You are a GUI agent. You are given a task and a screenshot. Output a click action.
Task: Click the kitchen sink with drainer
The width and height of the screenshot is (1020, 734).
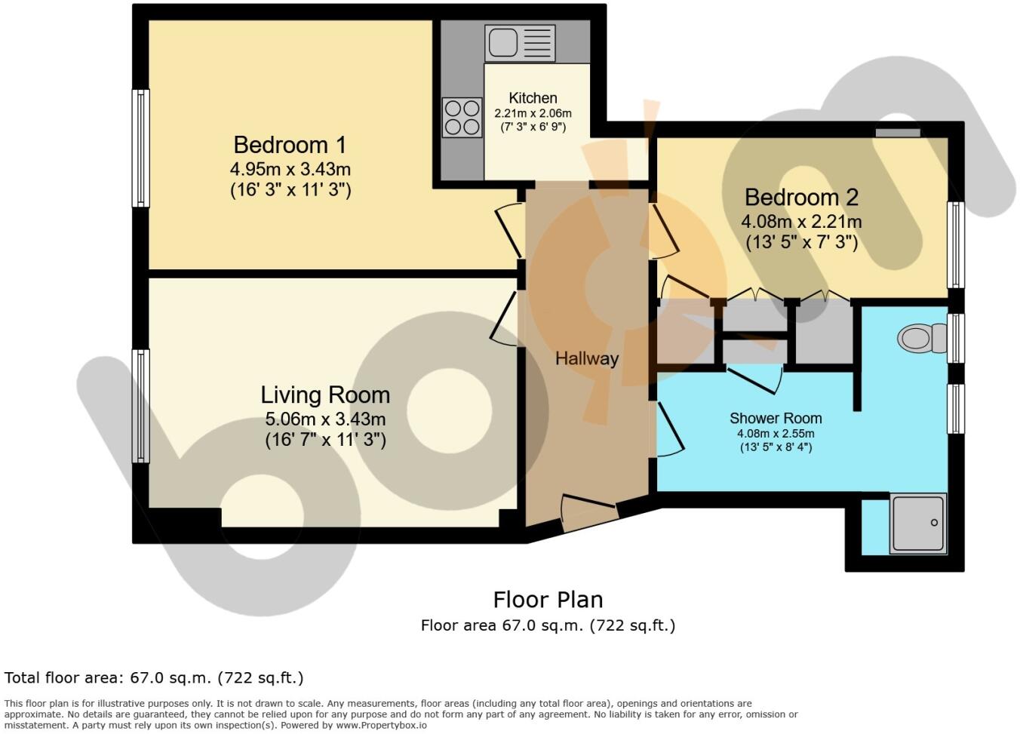[520, 43]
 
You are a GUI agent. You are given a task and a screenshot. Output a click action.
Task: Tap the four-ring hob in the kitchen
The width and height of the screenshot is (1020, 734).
[462, 118]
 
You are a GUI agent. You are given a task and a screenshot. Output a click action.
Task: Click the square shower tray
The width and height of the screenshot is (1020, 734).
[918, 524]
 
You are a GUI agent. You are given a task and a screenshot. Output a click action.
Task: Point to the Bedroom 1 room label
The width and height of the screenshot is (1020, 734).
[290, 146]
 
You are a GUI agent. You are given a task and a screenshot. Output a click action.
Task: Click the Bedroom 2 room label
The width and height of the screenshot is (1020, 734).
[801, 198]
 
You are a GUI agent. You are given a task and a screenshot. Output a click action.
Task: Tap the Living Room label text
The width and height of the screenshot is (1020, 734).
[325, 395]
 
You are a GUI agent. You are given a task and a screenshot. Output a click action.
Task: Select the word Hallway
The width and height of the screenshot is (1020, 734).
[587, 359]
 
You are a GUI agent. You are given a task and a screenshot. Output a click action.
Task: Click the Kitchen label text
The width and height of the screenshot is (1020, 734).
[533, 98]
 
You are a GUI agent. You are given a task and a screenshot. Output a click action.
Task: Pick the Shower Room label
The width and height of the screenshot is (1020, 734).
[776, 418]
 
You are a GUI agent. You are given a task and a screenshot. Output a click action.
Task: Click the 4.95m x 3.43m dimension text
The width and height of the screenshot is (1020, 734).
[290, 170]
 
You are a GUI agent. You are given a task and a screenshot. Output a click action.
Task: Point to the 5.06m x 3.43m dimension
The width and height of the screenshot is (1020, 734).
[325, 419]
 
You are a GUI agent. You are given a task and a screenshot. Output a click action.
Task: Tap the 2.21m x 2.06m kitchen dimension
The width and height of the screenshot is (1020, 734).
[533, 113]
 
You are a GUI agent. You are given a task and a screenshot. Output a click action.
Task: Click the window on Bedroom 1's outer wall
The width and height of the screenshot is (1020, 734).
[141, 148]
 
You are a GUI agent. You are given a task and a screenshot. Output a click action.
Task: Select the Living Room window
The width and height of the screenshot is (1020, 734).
[141, 406]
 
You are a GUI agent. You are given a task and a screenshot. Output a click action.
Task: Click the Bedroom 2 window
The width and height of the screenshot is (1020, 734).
[956, 245]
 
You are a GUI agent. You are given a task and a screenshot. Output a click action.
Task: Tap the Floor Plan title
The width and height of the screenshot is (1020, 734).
[548, 600]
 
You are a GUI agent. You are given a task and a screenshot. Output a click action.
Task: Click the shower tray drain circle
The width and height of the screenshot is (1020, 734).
[934, 522]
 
